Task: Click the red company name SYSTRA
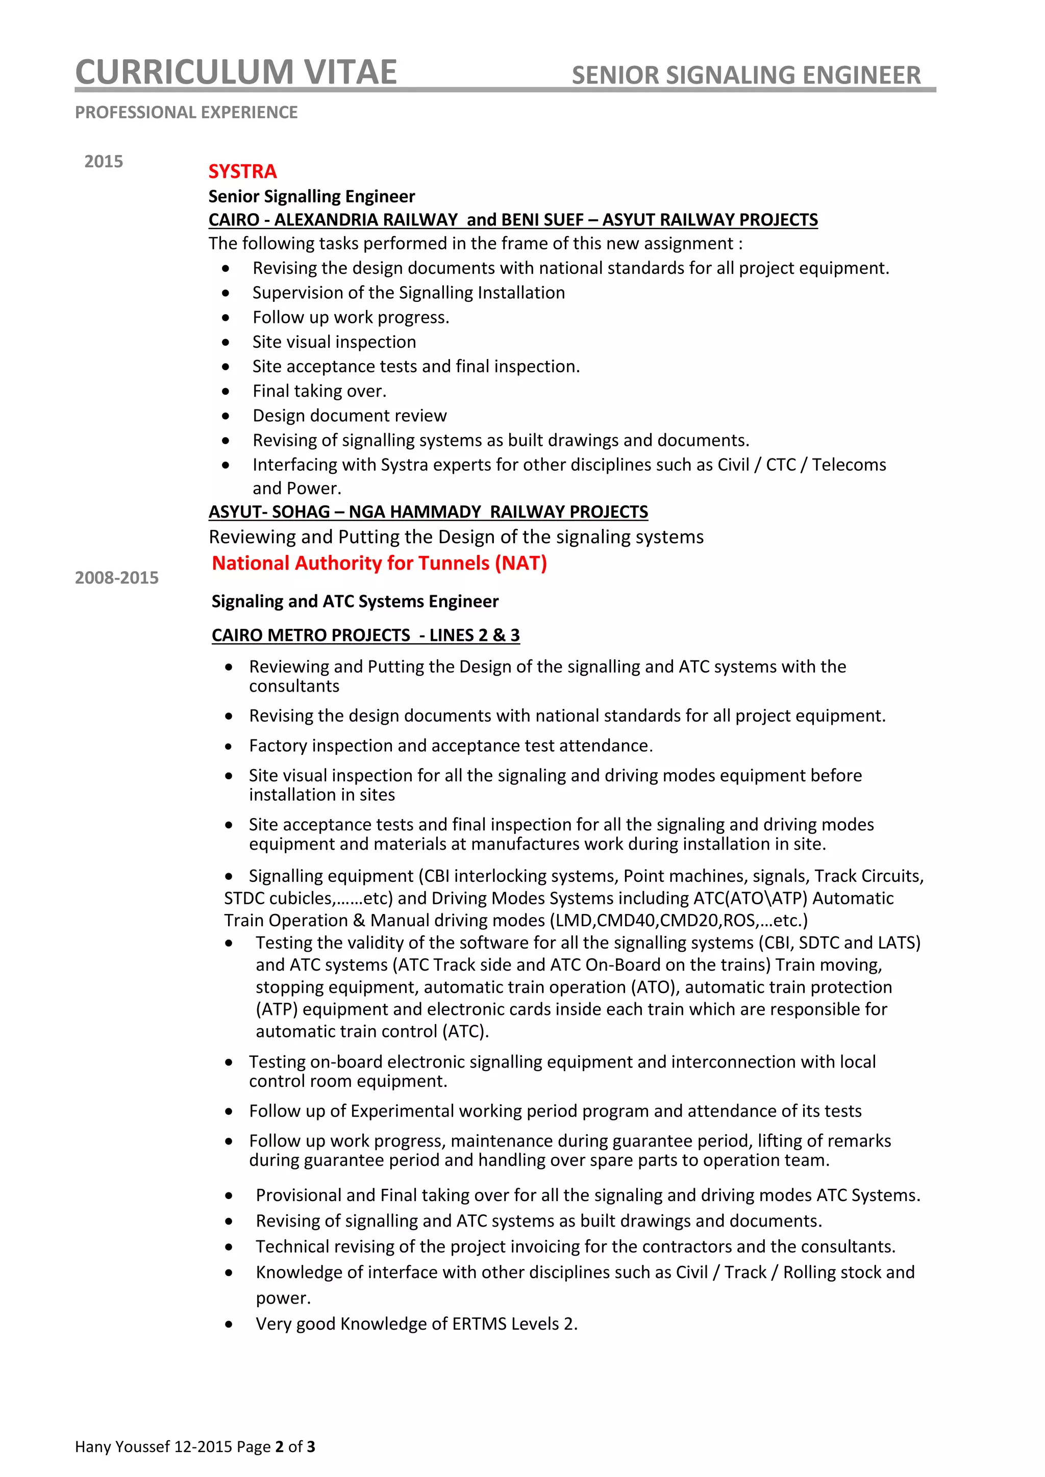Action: [x=242, y=172]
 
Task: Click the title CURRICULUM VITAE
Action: [x=236, y=72]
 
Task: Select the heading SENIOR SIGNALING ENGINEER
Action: [x=746, y=75]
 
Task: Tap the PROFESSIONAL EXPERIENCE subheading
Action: [x=186, y=113]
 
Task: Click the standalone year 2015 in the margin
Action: [x=103, y=162]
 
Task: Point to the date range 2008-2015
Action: [x=116, y=578]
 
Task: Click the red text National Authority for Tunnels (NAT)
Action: [x=379, y=564]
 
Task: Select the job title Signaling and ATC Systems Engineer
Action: [x=355, y=601]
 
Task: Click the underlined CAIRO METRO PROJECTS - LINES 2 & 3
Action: [x=365, y=635]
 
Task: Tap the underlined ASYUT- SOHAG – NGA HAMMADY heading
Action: [x=428, y=512]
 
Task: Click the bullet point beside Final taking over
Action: [x=225, y=392]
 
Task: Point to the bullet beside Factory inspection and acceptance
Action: [x=229, y=747]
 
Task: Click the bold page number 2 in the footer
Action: [x=279, y=1447]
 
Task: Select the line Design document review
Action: [x=349, y=416]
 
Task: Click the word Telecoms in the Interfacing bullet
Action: [x=848, y=465]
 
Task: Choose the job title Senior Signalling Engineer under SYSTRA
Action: [x=311, y=197]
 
